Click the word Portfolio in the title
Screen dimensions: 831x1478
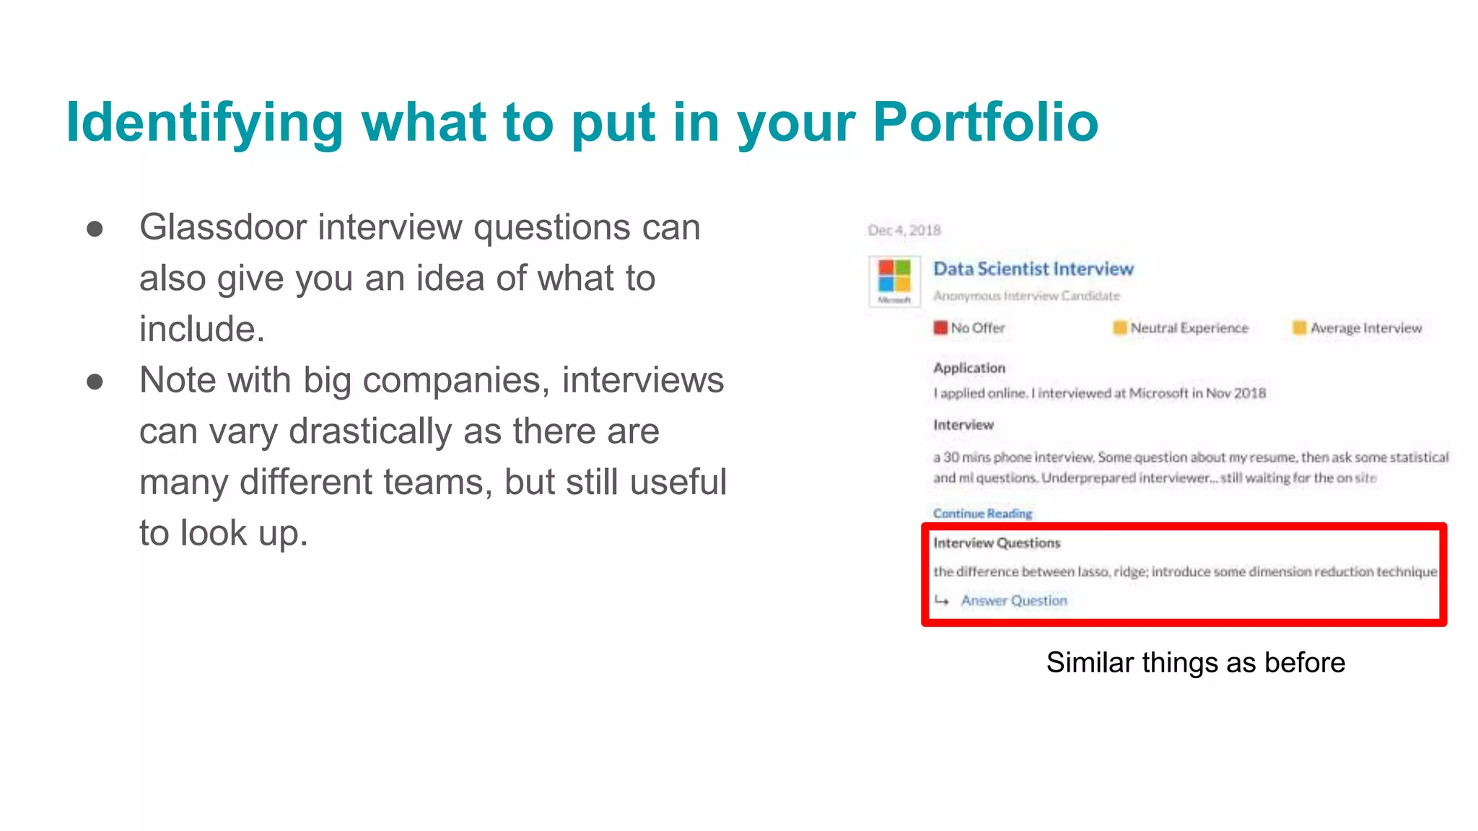coord(985,122)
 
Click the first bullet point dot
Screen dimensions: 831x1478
coord(95,229)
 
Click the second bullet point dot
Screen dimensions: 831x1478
coord(95,382)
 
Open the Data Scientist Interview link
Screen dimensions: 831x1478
coord(1033,269)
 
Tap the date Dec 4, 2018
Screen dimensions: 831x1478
coord(904,230)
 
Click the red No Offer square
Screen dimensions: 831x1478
coord(940,328)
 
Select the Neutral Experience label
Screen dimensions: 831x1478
coord(1189,328)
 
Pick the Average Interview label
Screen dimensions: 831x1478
coord(1365,328)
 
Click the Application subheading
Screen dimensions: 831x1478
coord(969,368)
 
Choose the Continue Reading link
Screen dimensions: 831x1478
coord(982,514)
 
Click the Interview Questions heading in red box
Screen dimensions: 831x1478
coord(997,543)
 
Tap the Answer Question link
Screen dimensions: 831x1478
coord(1014,601)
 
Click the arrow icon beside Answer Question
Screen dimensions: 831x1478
coord(942,600)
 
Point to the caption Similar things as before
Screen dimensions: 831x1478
coord(1196,662)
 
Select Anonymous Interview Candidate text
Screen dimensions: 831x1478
coord(1026,296)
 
